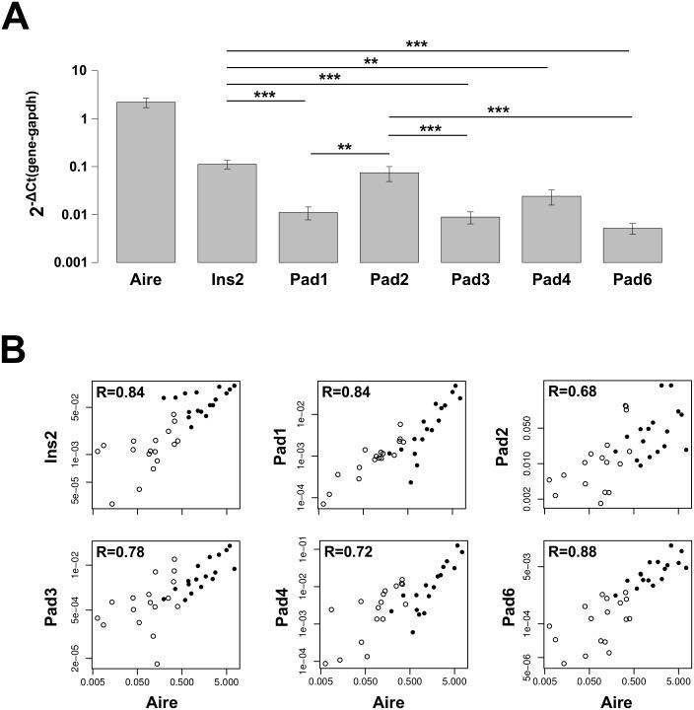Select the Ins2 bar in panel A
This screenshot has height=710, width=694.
coord(227,213)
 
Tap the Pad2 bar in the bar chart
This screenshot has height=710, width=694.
coord(388,217)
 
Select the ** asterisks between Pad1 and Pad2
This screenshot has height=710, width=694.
coord(345,147)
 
